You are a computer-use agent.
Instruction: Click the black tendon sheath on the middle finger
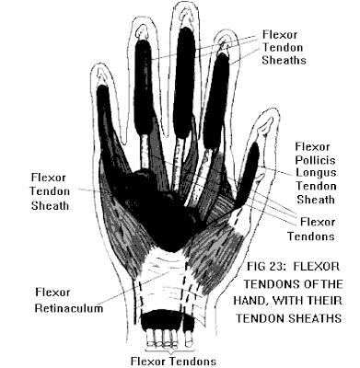point(184,83)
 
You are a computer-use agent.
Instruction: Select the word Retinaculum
point(69,308)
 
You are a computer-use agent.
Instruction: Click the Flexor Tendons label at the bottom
point(173,361)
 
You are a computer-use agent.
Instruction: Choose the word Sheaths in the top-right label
point(284,60)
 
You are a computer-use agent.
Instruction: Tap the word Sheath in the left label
point(50,205)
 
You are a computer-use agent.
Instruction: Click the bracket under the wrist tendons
point(169,349)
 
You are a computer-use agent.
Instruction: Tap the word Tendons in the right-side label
point(310,236)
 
